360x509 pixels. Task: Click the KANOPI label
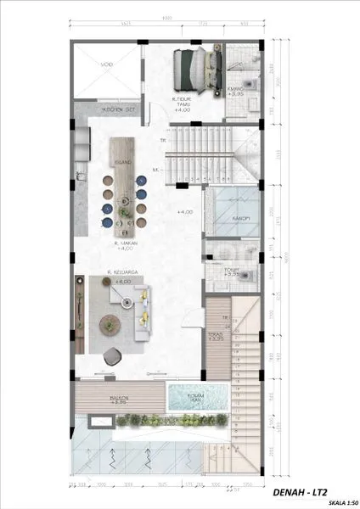[226, 218]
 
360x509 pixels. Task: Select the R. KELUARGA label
[122, 273]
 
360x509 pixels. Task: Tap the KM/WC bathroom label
[235, 90]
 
